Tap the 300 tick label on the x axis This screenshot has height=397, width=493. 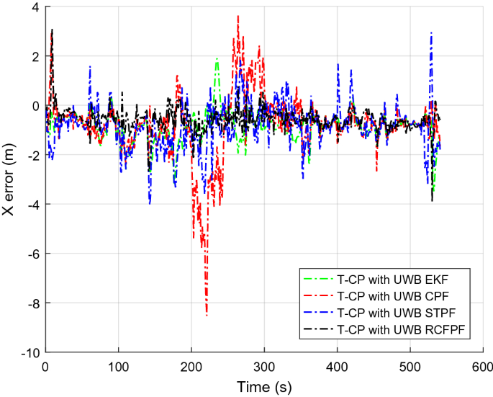pyautogui.click(x=264, y=367)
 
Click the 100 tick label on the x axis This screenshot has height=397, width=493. pyautogui.click(x=118, y=367)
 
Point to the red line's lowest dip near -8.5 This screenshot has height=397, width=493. pyautogui.click(x=207, y=315)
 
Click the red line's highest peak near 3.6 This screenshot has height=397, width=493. pyautogui.click(x=238, y=16)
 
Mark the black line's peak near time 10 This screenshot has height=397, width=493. pyautogui.click(x=52, y=30)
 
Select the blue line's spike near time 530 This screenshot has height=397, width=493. pyautogui.click(x=430, y=32)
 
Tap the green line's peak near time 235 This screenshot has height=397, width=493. pyautogui.click(x=217, y=59)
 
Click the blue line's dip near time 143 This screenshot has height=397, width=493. pyautogui.click(x=150, y=204)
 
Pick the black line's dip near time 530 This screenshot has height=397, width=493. pyautogui.click(x=432, y=200)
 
